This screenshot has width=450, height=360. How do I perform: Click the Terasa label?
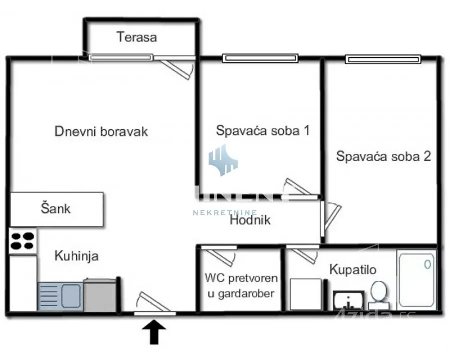click(x=137, y=37)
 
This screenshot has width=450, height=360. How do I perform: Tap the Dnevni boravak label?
click(x=101, y=132)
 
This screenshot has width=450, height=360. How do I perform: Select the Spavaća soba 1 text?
click(x=263, y=131)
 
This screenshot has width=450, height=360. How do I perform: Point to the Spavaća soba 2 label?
click(x=384, y=156)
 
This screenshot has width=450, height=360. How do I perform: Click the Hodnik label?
click(x=250, y=220)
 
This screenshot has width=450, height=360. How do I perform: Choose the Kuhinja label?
click(x=76, y=256)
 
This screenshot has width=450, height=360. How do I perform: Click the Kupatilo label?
click(x=353, y=270)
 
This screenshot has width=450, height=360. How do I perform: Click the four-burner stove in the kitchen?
click(x=23, y=241)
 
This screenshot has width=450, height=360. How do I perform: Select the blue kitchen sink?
click(x=59, y=297)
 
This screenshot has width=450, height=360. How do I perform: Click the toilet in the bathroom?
click(x=379, y=294)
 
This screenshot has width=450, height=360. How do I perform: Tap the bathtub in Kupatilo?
click(x=416, y=279)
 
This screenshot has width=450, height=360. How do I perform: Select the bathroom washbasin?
click(x=348, y=300)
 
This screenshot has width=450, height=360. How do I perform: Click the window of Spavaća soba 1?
click(x=261, y=58)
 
